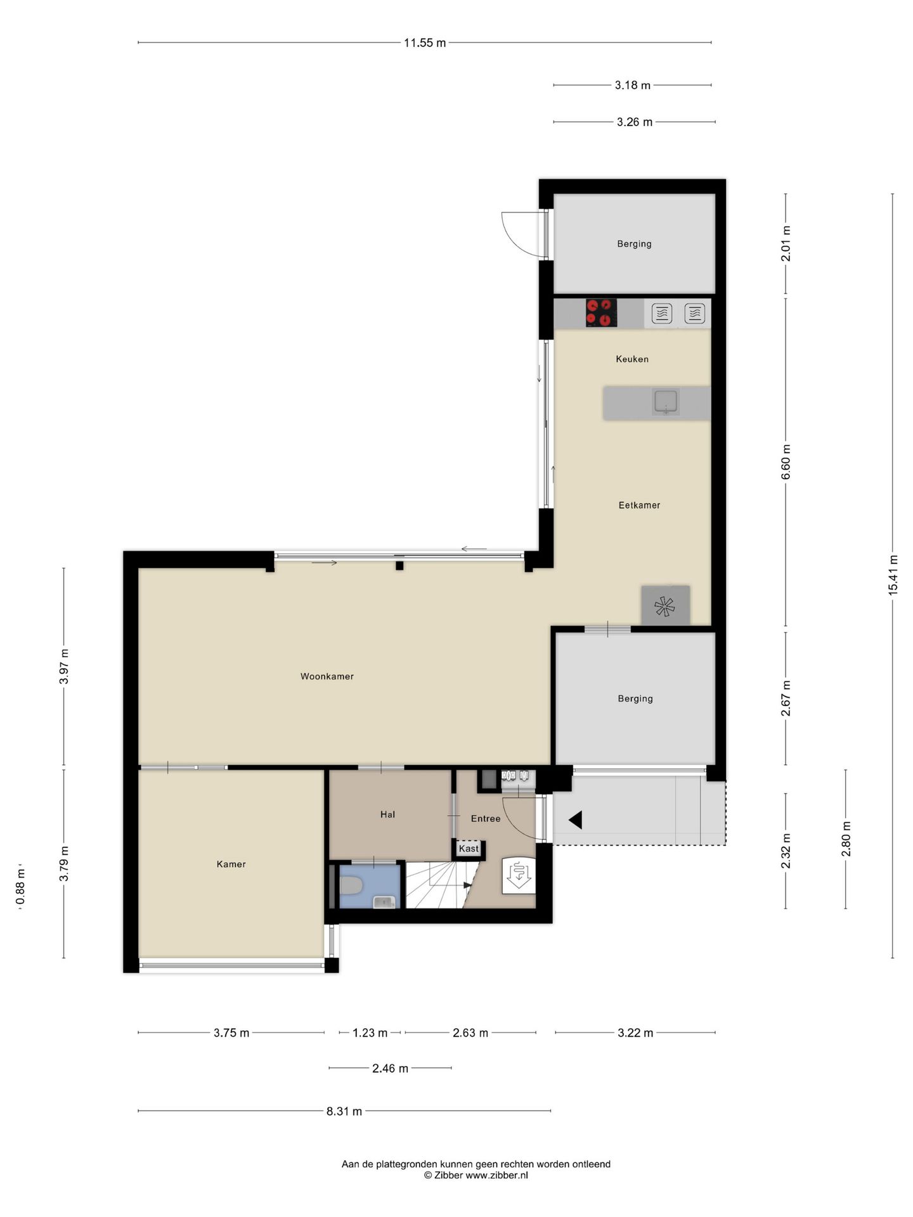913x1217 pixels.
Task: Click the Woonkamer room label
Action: pyautogui.click(x=327, y=676)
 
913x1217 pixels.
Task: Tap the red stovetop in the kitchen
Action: pyautogui.click(x=601, y=312)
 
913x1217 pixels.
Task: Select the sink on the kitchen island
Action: pyautogui.click(x=666, y=402)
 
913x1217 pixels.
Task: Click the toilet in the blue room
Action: pyautogui.click(x=351, y=885)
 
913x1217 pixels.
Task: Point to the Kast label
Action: pyautogui.click(x=469, y=848)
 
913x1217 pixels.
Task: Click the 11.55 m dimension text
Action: pyautogui.click(x=425, y=43)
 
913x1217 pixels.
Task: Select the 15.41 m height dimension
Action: pyautogui.click(x=893, y=574)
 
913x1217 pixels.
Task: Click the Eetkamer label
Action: pyautogui.click(x=639, y=505)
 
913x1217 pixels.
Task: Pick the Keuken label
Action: pyautogui.click(x=632, y=359)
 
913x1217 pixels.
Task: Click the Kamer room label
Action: pyautogui.click(x=231, y=864)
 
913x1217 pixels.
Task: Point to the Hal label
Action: pyautogui.click(x=387, y=815)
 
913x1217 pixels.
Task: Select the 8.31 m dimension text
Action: pyautogui.click(x=344, y=1111)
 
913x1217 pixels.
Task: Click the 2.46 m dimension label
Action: pyautogui.click(x=390, y=1068)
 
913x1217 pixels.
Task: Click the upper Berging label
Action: pyautogui.click(x=634, y=243)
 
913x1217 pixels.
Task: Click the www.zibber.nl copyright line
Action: pyautogui.click(x=476, y=1175)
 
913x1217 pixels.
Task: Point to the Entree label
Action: pyautogui.click(x=486, y=818)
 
